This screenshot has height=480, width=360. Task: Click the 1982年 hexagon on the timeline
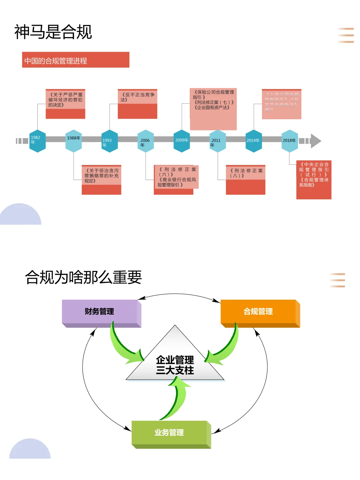(x=37, y=141)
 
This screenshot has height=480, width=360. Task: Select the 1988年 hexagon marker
(x=74, y=141)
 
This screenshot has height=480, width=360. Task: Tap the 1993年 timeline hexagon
(x=110, y=141)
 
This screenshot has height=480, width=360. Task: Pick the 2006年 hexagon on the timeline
(x=146, y=141)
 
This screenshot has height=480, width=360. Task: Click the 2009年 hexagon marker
(x=182, y=141)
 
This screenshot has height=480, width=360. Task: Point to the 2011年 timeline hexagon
(x=218, y=141)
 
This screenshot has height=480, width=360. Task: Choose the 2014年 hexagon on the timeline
(x=254, y=141)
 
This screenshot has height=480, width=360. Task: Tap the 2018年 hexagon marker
(x=290, y=141)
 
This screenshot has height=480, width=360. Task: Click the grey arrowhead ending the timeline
(x=315, y=141)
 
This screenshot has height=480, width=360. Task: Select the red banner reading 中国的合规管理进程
(x=76, y=60)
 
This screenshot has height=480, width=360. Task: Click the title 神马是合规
(x=53, y=32)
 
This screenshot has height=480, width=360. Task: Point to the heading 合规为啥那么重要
(x=83, y=277)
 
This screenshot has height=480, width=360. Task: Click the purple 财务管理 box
(x=100, y=312)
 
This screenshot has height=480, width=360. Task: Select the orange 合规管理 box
(x=259, y=312)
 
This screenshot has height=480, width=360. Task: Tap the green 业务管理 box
(x=170, y=433)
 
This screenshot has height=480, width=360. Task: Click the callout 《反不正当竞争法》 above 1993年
(x=137, y=104)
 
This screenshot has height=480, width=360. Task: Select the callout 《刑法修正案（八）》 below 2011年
(x=246, y=180)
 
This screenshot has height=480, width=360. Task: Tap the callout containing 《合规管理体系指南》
(x=314, y=180)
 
